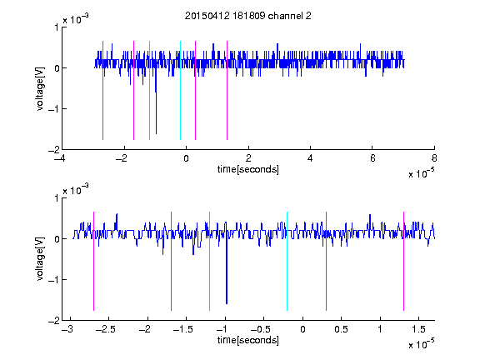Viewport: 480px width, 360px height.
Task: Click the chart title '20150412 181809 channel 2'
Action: tap(247, 16)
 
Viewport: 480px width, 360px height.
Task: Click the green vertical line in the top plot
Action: tap(149, 90)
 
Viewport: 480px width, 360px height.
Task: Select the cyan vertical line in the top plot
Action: tap(180, 90)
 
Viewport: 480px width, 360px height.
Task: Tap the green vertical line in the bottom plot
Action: tap(209, 261)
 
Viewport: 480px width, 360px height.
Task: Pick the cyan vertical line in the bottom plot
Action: tap(287, 261)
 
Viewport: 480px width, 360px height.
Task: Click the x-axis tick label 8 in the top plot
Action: tap(434, 158)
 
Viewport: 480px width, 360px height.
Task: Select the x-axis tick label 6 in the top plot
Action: tap(372, 158)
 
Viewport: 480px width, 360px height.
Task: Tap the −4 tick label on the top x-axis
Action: tap(59, 158)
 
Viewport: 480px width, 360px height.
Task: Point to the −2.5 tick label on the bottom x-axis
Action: tap(105, 329)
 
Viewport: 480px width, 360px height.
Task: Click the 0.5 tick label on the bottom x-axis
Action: tap(341, 329)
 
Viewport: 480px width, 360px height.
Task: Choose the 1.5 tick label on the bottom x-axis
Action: tap(418, 329)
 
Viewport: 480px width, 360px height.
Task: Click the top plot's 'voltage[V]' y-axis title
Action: tap(40, 88)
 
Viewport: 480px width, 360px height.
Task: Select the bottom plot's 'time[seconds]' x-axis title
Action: tap(248, 340)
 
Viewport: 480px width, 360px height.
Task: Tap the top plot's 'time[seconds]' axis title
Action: tap(248, 169)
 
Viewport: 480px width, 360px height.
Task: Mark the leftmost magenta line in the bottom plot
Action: tap(93, 261)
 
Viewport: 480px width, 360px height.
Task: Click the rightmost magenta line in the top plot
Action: tap(227, 90)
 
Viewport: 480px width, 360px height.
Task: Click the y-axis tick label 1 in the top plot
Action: tap(57, 27)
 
